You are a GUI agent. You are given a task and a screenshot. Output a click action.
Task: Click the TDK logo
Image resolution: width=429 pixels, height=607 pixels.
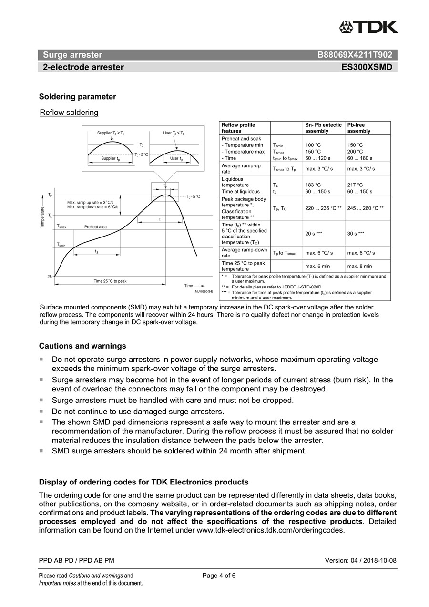pos(368,27)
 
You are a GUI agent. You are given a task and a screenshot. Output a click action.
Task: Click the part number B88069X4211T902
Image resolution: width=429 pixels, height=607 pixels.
pos(355,55)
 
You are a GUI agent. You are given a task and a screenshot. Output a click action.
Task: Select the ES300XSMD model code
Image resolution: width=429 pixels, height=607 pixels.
pos(367,67)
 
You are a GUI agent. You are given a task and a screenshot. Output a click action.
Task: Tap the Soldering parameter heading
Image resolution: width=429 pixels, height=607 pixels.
pos(77,97)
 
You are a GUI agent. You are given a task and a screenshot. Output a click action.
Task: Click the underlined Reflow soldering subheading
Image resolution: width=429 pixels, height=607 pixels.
pos(69,113)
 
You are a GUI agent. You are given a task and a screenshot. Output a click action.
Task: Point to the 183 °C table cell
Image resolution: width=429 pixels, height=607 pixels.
pos(313,185)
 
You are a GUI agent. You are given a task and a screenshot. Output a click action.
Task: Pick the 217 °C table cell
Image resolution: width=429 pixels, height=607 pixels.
pos(355,185)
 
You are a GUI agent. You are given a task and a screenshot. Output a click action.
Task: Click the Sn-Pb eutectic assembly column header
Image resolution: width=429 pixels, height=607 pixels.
pos(323,128)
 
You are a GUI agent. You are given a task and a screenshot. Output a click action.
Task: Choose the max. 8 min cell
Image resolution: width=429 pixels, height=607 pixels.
pos(359,266)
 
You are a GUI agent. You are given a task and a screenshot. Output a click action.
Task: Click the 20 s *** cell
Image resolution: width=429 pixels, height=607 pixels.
pos(314,233)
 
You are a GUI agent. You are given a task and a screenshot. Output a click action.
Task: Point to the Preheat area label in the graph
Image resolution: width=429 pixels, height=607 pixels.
pos(95,227)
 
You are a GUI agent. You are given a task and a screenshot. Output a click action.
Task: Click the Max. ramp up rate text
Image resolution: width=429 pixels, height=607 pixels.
pos(93,203)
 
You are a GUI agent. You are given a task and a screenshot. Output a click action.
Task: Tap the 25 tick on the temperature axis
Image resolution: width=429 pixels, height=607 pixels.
pos(50,277)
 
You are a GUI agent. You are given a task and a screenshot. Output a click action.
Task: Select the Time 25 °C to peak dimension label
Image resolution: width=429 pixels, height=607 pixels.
pos(110,281)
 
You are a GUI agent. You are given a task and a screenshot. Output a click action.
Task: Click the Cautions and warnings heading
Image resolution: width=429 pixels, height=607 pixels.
pos(82,346)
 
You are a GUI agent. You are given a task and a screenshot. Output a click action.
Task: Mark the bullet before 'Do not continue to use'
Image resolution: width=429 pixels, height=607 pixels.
pos(41,411)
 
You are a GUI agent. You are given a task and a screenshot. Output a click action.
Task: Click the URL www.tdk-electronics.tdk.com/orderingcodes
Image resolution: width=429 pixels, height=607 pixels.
pos(270,530)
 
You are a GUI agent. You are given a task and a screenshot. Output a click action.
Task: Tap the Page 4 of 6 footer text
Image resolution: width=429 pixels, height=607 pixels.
pos(219,576)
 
